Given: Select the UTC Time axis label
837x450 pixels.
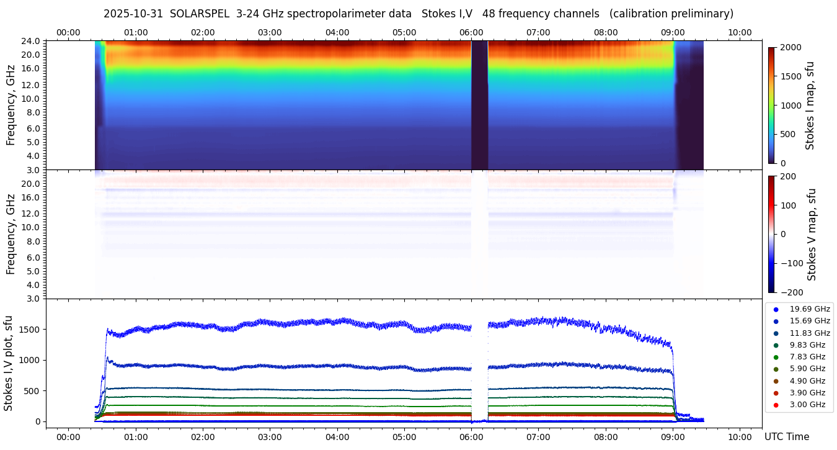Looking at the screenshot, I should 786,437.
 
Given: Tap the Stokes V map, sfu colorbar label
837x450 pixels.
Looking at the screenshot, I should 812,234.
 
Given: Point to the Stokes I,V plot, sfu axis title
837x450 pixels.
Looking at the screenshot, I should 9,363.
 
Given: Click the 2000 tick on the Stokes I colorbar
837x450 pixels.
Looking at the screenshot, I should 789,47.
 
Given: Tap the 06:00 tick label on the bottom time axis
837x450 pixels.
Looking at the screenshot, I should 471,437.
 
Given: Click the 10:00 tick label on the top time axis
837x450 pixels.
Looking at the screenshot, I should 740,32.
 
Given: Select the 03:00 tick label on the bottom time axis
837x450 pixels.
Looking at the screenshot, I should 270,437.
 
